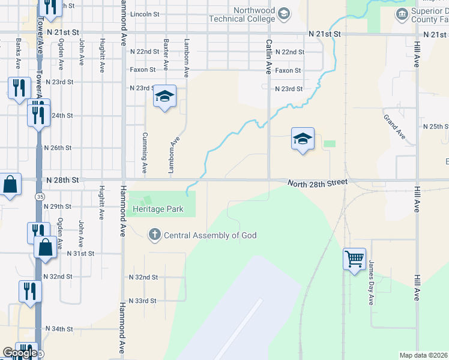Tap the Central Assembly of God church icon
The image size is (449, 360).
tap(155, 235)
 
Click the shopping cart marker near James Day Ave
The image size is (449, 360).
tap(354, 260)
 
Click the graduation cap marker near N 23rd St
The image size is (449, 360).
tap(164, 97)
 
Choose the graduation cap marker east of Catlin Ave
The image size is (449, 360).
tap(303, 139)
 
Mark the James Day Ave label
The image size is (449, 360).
tap(372, 283)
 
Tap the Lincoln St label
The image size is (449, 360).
tap(145, 13)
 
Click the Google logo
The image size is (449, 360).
tap(19, 353)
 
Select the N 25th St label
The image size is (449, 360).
tap(436, 127)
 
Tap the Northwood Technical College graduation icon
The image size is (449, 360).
tap(284, 13)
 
